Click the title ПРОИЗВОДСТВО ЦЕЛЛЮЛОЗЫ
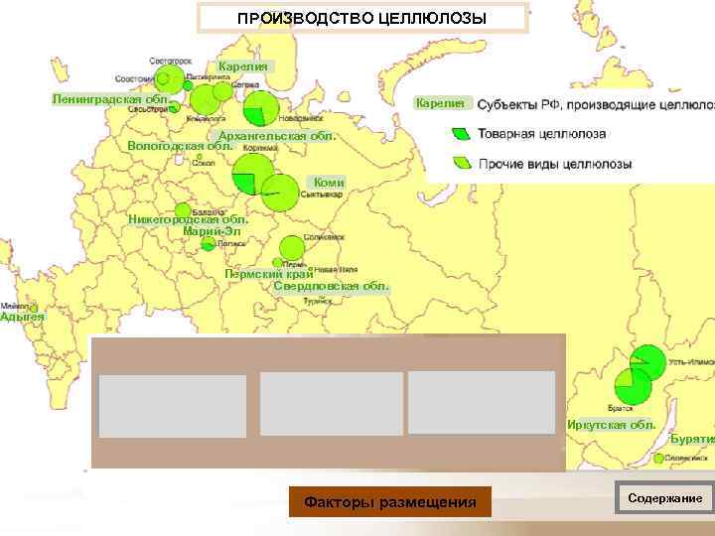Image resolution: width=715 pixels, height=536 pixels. (x=362, y=18)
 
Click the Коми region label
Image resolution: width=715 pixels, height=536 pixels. (x=329, y=183)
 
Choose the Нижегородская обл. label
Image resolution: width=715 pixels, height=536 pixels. (x=188, y=219)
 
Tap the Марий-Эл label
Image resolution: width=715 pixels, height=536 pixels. (x=212, y=232)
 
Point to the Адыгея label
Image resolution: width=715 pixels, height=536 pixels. (x=22, y=316)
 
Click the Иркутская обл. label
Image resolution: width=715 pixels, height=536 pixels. (x=612, y=425)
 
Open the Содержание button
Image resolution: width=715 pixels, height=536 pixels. (x=664, y=498)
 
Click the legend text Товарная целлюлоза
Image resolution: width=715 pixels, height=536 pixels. (x=542, y=133)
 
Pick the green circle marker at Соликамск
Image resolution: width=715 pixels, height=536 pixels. (x=292, y=247)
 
